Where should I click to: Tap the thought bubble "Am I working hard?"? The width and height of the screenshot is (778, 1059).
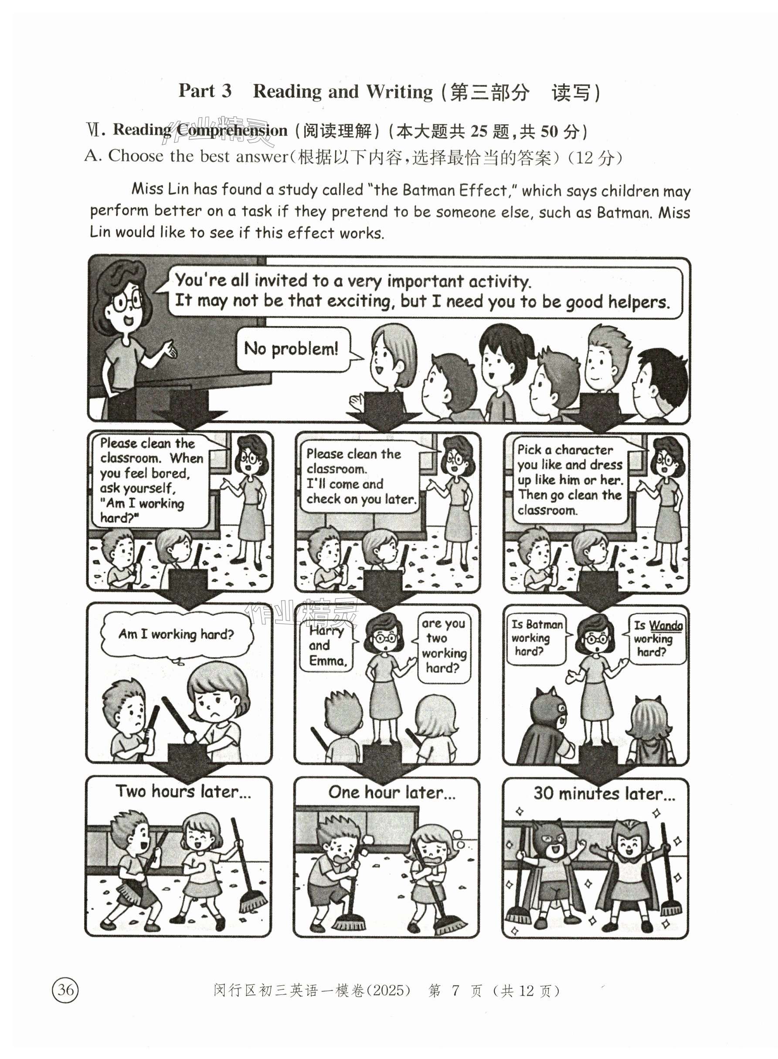(176, 634)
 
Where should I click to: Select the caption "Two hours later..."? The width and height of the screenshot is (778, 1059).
(183, 791)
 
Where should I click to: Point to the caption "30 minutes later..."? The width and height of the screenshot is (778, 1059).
(604, 794)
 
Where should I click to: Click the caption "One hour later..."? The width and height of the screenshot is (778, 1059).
(392, 792)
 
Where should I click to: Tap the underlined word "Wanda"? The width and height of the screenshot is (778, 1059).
(666, 625)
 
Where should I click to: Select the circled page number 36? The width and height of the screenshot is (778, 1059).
(65, 990)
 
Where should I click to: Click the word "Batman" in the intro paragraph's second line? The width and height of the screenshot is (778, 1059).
(624, 212)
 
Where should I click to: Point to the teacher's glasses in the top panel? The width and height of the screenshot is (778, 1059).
(128, 302)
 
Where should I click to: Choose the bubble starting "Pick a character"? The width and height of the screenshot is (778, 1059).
(571, 480)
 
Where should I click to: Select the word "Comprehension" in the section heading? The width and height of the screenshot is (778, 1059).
(232, 130)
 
